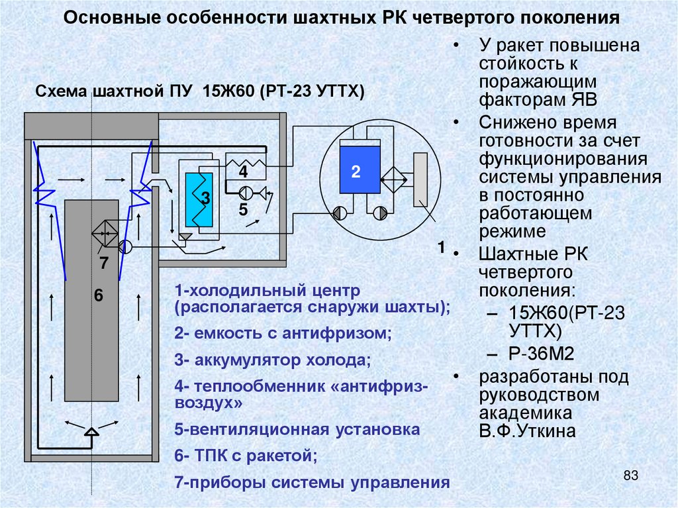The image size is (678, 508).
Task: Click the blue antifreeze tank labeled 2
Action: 358,171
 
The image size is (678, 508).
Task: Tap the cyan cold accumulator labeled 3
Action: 199,199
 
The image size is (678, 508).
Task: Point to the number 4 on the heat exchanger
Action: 243,172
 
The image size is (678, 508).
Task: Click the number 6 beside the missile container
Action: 99,296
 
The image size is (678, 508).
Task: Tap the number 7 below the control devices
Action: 104,263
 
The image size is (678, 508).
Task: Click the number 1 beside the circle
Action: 440,248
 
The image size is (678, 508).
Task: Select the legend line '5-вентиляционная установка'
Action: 297,429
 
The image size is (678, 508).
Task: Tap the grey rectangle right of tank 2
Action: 420,179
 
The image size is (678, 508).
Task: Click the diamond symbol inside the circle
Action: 393,179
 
